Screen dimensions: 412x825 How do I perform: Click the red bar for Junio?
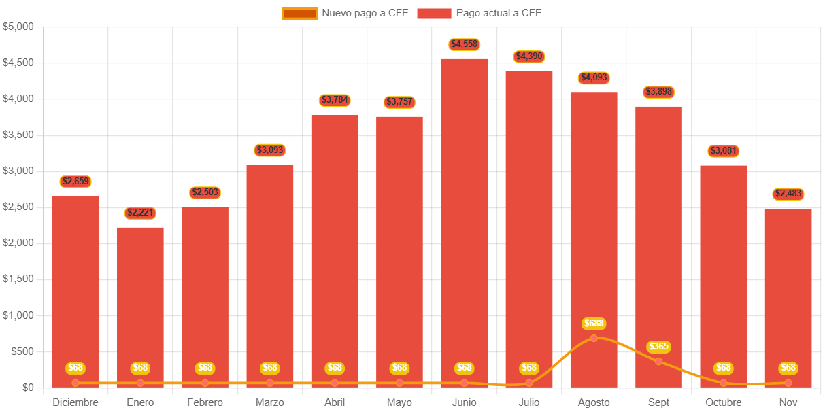[x=464, y=218]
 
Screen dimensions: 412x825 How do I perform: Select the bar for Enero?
[x=140, y=299]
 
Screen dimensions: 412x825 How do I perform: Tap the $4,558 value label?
[x=465, y=44]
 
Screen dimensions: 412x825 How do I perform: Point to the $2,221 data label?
[x=140, y=213]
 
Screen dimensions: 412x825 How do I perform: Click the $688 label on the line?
[x=594, y=324]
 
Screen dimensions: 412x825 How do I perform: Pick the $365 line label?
[x=658, y=347]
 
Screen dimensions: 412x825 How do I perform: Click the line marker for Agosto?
[x=594, y=338]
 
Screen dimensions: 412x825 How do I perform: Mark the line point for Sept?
[x=658, y=361]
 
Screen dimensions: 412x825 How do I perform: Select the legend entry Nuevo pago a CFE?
[x=345, y=13]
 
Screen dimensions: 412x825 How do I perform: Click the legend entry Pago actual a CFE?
[x=479, y=13]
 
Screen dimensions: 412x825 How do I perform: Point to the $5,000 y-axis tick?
[x=18, y=27]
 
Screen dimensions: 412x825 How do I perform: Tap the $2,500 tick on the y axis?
[x=18, y=207]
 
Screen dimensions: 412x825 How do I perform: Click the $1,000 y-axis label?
[x=18, y=315]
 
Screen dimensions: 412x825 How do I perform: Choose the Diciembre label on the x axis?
[x=75, y=402]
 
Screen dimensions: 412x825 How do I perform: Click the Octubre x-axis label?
[x=723, y=402]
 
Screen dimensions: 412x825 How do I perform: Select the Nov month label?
[x=788, y=402]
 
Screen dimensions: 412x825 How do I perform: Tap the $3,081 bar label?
[x=723, y=151]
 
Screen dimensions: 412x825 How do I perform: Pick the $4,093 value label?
[x=594, y=78]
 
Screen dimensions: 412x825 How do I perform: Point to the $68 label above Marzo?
[x=270, y=368]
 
